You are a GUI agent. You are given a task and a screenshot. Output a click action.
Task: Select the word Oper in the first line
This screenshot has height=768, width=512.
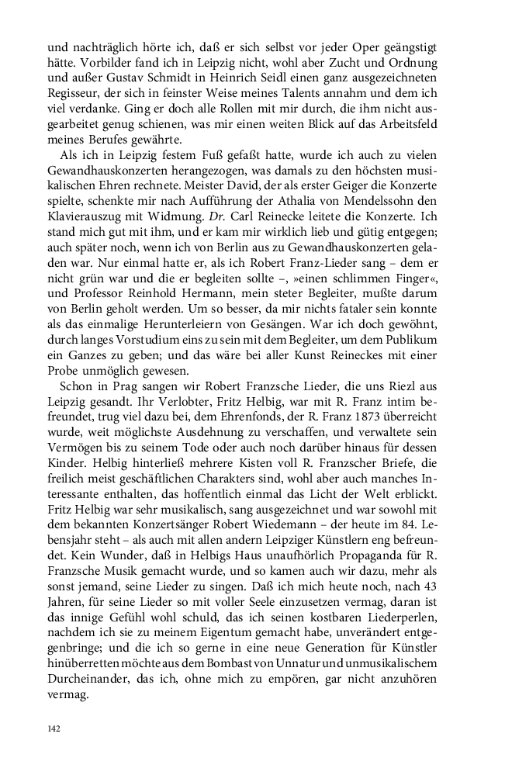tap(372, 45)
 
